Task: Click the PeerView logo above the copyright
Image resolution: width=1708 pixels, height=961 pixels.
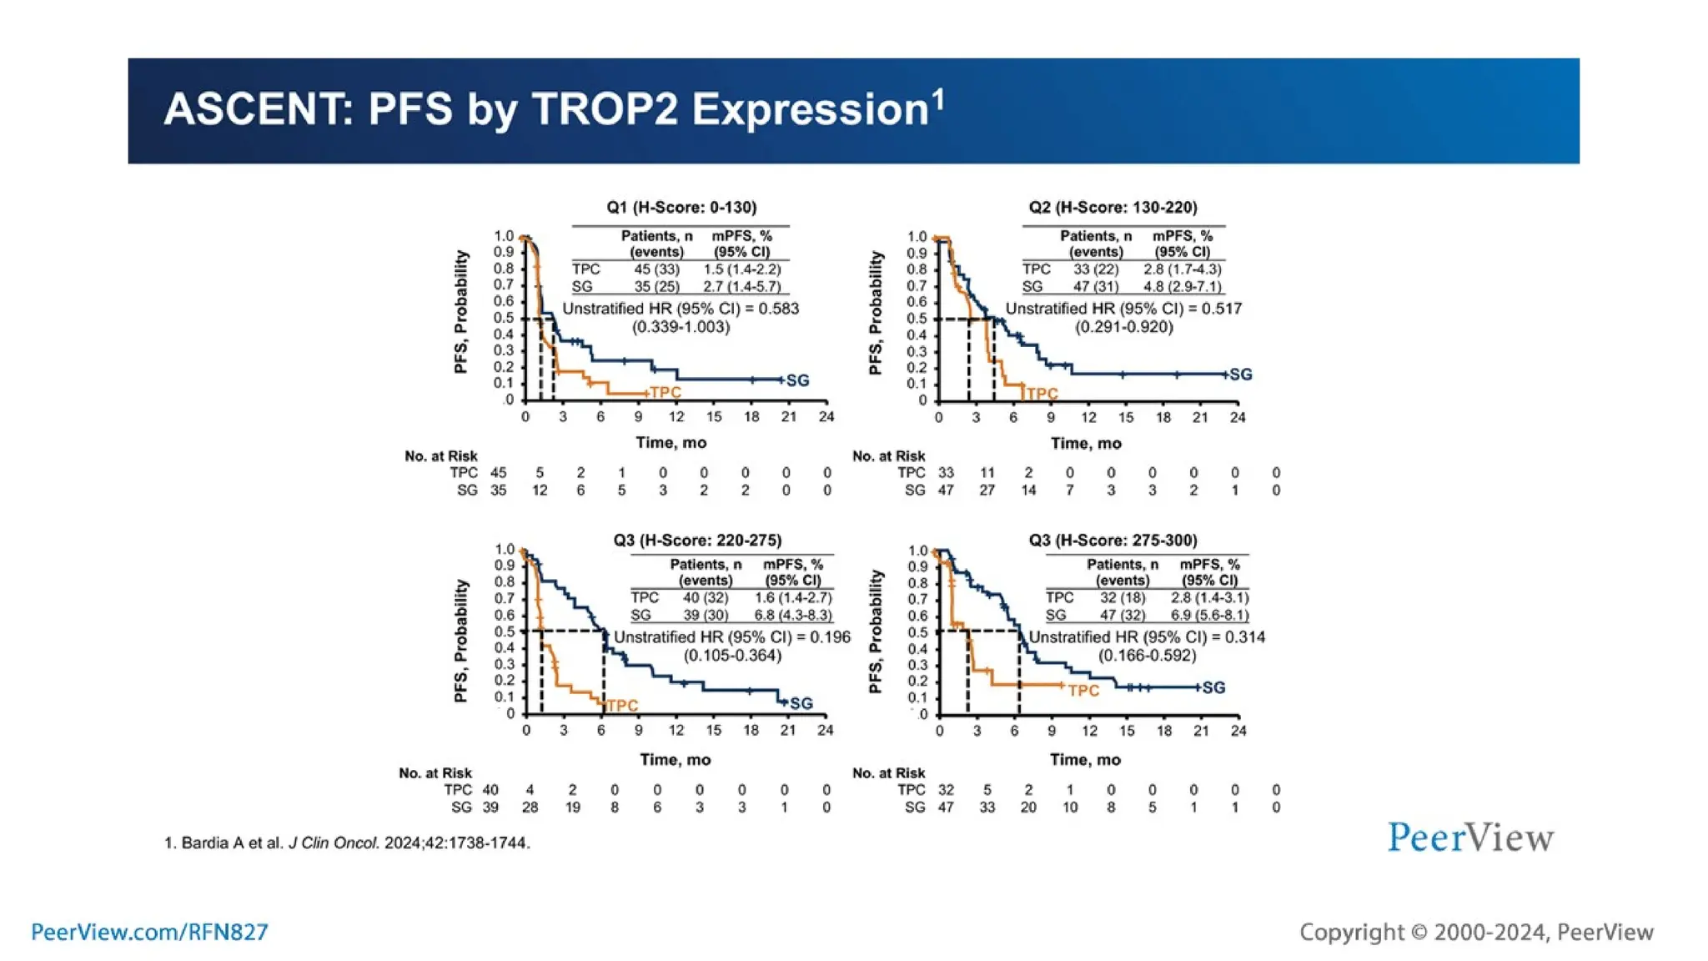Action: click(x=1470, y=838)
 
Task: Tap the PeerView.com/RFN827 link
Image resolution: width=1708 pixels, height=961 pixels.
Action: click(x=149, y=932)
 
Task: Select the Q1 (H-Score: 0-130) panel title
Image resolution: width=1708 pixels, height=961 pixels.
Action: click(x=681, y=207)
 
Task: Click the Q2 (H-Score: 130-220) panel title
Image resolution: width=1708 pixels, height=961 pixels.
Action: click(x=1113, y=207)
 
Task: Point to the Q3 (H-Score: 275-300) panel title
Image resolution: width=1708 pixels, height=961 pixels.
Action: click(x=1113, y=540)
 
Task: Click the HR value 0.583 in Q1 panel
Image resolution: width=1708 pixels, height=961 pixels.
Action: click(x=778, y=309)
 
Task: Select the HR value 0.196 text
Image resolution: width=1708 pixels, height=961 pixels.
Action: click(x=829, y=637)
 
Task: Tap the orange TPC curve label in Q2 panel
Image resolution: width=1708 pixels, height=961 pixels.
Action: click(x=1042, y=393)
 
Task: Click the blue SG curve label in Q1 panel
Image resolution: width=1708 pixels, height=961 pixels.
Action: click(x=797, y=380)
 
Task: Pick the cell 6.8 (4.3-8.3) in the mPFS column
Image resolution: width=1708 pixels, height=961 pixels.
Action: click(x=792, y=615)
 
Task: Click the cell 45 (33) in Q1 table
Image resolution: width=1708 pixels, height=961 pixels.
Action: click(x=656, y=269)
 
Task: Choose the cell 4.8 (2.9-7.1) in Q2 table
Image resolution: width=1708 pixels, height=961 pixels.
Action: click(x=1183, y=286)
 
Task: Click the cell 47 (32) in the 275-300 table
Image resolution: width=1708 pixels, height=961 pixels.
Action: click(x=1122, y=615)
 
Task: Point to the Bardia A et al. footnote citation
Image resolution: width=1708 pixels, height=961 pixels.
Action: click(x=347, y=843)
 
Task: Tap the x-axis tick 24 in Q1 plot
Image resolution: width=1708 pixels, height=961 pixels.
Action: click(x=826, y=416)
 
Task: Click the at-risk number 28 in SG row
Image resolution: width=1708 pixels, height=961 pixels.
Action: click(x=530, y=808)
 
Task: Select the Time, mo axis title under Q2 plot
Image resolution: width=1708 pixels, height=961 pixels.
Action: click(x=1085, y=443)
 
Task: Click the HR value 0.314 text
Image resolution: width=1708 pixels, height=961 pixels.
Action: click(x=1243, y=637)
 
